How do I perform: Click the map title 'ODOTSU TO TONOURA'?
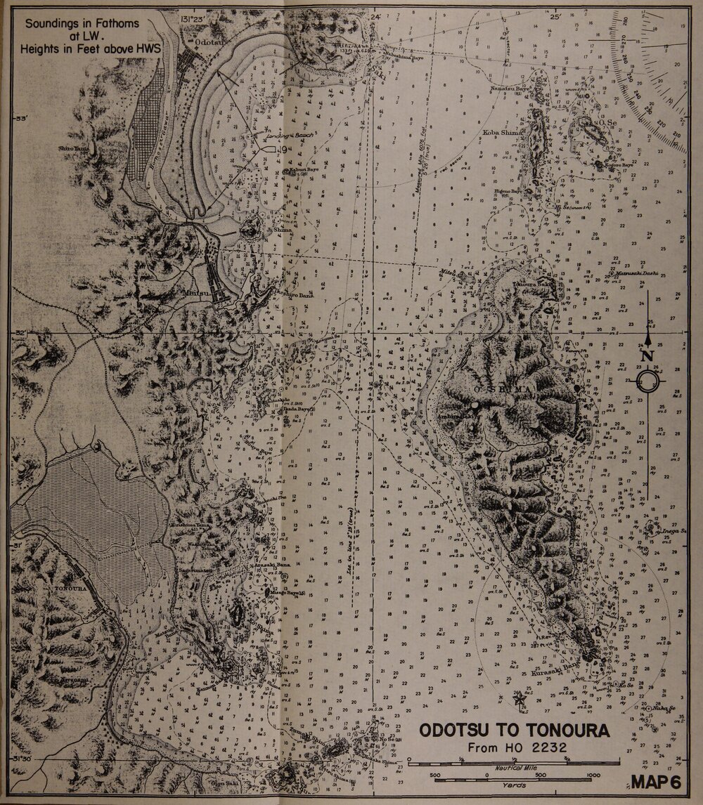click(515, 731)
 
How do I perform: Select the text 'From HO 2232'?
click(515, 747)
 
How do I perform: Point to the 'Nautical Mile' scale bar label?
click(514, 768)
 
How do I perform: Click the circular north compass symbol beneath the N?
click(648, 381)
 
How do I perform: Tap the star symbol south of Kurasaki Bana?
click(520, 698)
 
